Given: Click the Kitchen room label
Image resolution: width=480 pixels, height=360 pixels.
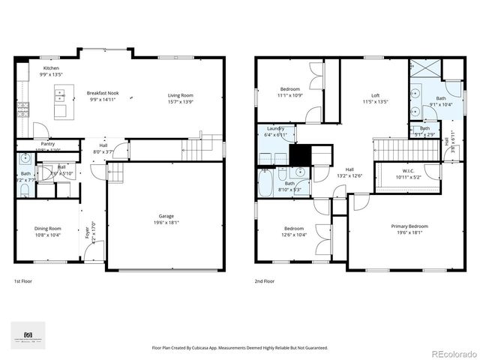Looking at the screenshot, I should (x=50, y=68).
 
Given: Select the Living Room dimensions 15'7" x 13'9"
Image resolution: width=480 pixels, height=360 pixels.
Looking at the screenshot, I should (x=180, y=101).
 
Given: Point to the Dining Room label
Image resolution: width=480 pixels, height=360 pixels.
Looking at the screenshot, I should (x=47, y=229).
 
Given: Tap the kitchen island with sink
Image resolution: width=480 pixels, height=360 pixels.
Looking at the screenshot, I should (x=61, y=103).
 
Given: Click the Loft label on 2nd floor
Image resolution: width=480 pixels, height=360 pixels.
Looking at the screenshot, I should (x=375, y=94).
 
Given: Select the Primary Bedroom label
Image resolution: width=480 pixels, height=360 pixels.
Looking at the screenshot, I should (x=409, y=226).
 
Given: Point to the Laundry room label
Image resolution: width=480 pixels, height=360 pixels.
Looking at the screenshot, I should (x=275, y=128).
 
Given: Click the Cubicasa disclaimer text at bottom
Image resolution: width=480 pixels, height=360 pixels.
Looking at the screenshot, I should (x=239, y=347).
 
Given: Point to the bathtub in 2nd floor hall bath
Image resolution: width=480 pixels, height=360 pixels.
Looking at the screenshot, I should (x=265, y=185).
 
